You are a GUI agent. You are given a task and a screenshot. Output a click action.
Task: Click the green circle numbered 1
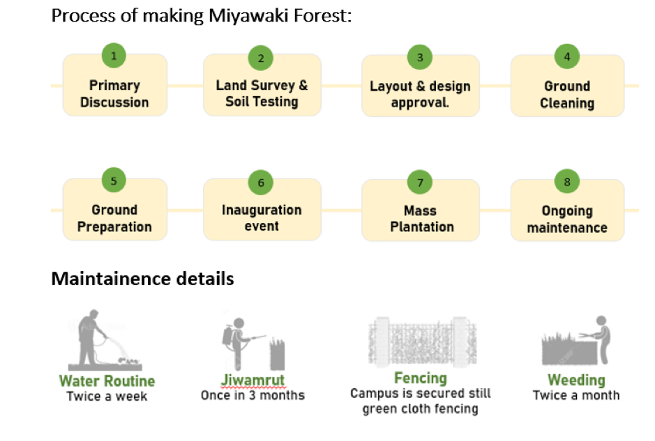tap(114, 56)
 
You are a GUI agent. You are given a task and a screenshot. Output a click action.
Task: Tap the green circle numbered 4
tap(567, 56)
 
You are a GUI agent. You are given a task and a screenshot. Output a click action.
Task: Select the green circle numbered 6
tap(261, 183)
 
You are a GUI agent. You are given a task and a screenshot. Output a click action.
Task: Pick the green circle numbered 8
tap(567, 182)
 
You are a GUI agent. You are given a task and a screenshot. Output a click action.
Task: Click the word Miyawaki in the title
tap(248, 16)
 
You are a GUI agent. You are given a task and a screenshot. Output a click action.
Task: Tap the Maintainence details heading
tap(142, 279)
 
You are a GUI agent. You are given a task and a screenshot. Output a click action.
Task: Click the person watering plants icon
tap(105, 340)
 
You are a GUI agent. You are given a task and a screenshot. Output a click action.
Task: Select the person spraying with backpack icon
tap(253, 344)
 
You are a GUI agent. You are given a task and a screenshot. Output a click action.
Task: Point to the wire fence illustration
tap(422, 341)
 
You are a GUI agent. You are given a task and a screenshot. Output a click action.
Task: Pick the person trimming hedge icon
tap(576, 341)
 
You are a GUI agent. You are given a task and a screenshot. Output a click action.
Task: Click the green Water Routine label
tap(107, 381)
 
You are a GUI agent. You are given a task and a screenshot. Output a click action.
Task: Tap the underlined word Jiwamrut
tap(253, 380)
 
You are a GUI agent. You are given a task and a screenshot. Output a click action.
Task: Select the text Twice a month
tap(576, 395)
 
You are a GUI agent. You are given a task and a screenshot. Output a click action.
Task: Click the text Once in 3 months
tap(253, 395)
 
